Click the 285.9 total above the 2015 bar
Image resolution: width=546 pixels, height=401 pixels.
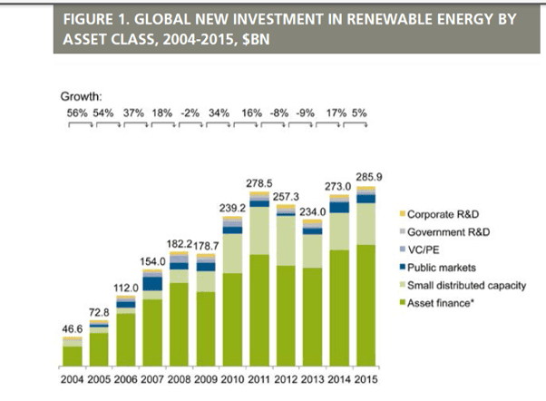tap(367, 176)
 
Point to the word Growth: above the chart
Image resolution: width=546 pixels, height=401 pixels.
tap(82, 95)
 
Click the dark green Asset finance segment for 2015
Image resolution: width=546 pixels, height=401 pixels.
tap(366, 308)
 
